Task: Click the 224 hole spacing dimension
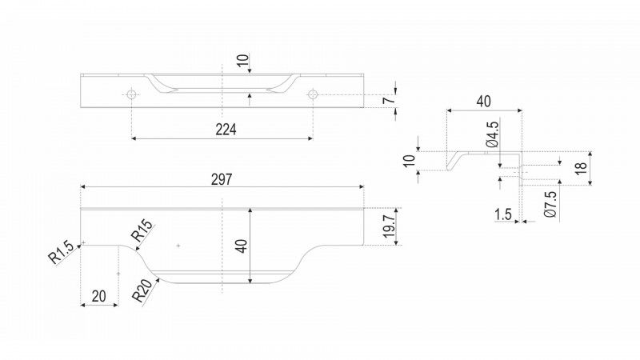coord(226,130)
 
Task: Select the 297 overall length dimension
coord(222,179)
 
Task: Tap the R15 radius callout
coord(142,230)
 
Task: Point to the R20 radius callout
coord(146,290)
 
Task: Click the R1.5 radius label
coord(62,252)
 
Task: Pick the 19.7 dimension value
coord(389,227)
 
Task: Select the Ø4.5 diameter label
coord(493,134)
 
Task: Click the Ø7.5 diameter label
coord(550,205)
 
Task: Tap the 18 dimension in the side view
coord(581,168)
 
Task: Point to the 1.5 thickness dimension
coord(503,214)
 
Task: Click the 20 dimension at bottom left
coord(98,296)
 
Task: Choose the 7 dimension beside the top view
coord(389,99)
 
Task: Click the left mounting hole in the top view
coord(131,94)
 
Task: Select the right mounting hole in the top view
coord(313,94)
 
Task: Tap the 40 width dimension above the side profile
coord(484,102)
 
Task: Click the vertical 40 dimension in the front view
coord(242,246)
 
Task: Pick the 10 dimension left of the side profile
coord(410,161)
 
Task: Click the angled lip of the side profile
coord(453,162)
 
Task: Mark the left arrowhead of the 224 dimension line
coord(134,138)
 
